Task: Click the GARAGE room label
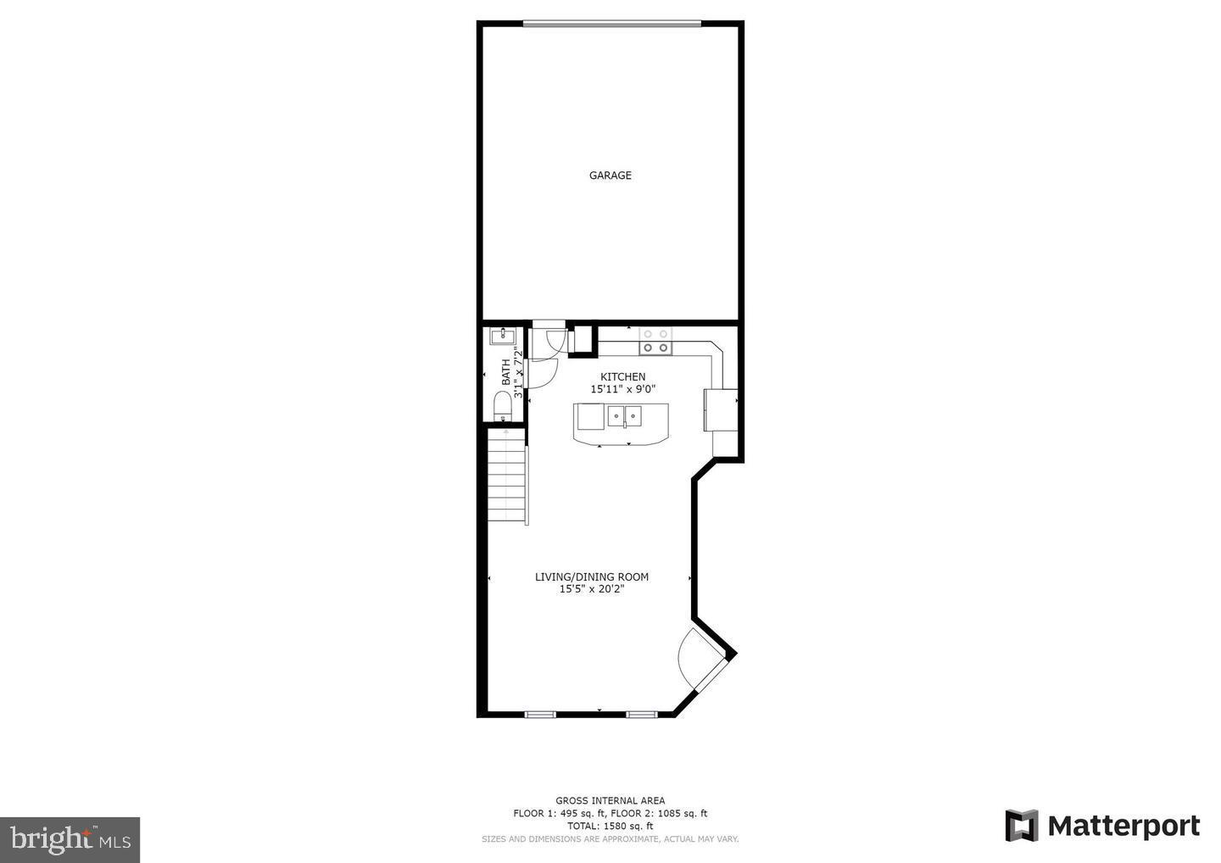610,175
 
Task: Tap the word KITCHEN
623,376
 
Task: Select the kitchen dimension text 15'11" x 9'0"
623,389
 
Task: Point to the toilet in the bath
502,405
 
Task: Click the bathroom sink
502,336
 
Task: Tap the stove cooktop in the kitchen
655,341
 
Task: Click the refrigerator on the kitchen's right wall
721,409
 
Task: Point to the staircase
507,476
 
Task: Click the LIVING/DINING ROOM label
592,577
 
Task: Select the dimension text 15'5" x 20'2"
592,589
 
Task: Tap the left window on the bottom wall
540,715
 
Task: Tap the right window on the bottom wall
642,715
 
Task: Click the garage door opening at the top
611,24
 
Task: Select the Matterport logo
1102,826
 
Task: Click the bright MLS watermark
70,839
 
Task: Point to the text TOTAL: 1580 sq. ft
610,826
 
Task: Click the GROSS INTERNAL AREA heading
610,800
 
